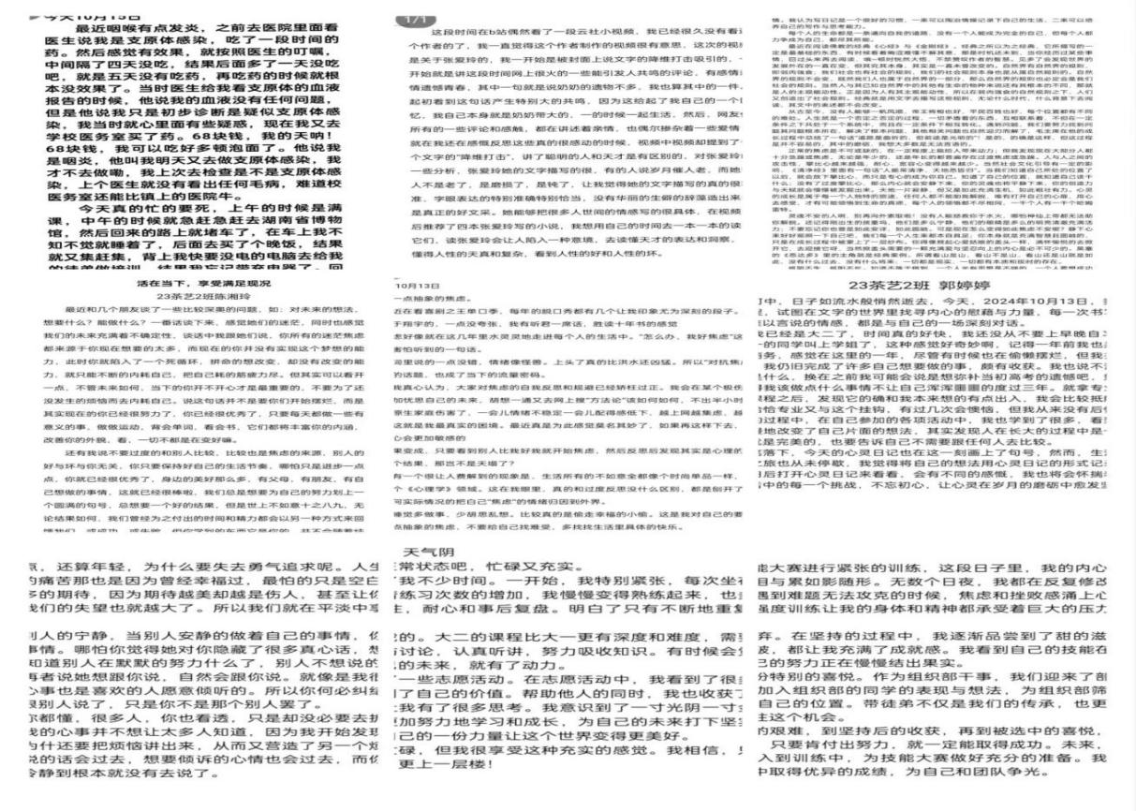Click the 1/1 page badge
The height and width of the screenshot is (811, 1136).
411,18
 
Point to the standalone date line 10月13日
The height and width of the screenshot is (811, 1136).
412,286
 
